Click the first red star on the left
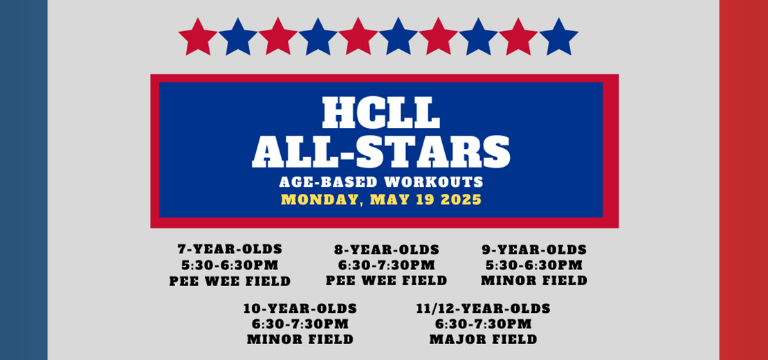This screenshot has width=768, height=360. (x=198, y=37)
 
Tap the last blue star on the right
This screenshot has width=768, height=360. (x=558, y=37)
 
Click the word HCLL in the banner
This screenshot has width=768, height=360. (x=381, y=112)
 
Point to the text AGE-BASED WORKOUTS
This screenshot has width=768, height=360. (x=381, y=182)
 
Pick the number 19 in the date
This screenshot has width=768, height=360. (x=423, y=200)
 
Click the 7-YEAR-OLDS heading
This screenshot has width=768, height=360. (x=230, y=249)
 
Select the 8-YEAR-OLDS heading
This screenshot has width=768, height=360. (x=387, y=250)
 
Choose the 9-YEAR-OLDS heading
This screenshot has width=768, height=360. (x=534, y=250)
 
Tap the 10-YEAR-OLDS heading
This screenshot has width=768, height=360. (x=300, y=309)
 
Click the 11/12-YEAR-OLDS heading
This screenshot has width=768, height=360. (x=483, y=309)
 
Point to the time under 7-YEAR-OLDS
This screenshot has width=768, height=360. (x=230, y=265)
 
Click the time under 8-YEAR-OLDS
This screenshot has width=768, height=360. (x=387, y=265)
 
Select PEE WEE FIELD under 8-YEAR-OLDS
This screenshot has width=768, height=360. (x=387, y=280)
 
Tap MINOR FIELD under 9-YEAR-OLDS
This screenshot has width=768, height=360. (x=534, y=280)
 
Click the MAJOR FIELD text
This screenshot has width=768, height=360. (x=483, y=339)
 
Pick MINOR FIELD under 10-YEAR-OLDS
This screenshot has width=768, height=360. (x=300, y=339)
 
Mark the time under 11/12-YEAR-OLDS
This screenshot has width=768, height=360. (x=483, y=324)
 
